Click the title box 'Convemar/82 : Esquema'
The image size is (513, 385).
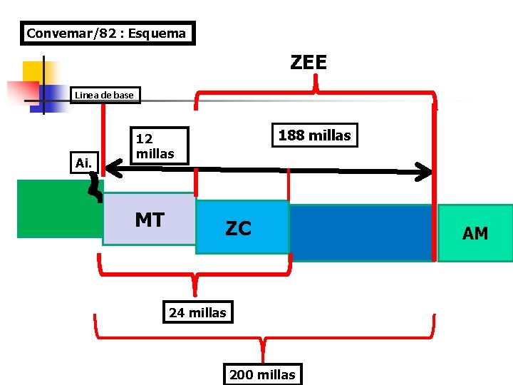coord(107,33)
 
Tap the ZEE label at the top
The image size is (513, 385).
coord(309,63)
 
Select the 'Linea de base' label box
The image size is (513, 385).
coord(104,95)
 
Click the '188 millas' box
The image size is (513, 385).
coord(314,135)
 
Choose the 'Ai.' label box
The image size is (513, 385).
coord(83,163)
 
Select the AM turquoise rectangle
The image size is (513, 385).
coord(475,232)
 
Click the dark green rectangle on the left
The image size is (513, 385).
coord(58,208)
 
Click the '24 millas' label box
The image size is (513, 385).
coord(197,312)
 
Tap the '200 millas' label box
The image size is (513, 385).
coord(262,374)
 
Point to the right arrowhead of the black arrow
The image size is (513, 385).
coord(425,171)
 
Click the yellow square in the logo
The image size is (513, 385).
coord(31,71)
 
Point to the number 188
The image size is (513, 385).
coord(291,135)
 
